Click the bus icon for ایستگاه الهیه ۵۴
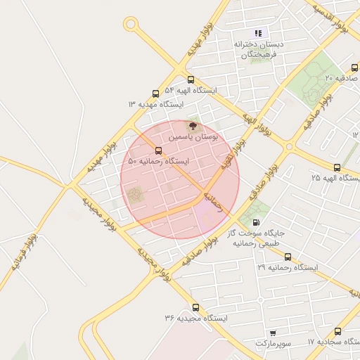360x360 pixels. click(x=191, y=79)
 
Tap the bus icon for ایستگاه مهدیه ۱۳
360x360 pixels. click(x=155, y=94)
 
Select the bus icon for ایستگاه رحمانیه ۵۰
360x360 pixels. click(x=157, y=150)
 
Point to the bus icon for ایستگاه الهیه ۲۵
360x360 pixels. click(x=337, y=167)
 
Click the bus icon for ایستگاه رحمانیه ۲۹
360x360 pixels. click(x=288, y=257)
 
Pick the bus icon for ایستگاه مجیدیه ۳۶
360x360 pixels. click(x=195, y=307)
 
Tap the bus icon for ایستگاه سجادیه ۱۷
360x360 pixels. click(x=338, y=331)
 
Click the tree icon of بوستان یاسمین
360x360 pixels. click(x=193, y=124)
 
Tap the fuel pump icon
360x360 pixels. click(x=265, y=222)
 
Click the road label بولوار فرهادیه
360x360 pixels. click(x=24, y=253)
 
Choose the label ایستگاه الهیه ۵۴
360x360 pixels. click(x=191, y=91)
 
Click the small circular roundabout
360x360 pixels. click(x=130, y=25)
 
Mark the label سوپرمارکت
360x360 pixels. click(x=272, y=343)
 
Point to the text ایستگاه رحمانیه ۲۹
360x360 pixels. click(x=287, y=269)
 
